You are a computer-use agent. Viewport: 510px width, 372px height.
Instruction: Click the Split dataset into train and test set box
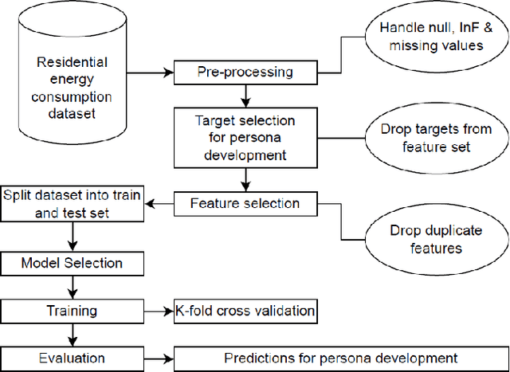click(73, 203)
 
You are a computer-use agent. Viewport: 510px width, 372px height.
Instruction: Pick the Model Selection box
click(73, 262)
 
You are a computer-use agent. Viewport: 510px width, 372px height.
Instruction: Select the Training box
click(73, 311)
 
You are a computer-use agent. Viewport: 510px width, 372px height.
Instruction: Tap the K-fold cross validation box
click(245, 311)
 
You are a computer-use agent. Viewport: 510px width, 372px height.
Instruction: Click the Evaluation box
click(73, 358)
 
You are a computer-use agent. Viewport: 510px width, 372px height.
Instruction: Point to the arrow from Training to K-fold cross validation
click(159, 311)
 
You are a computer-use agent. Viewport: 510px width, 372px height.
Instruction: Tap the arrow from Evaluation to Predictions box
click(159, 358)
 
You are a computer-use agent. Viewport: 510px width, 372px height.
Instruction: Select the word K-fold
click(193, 311)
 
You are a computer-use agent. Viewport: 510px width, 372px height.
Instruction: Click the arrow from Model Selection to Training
click(73, 286)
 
